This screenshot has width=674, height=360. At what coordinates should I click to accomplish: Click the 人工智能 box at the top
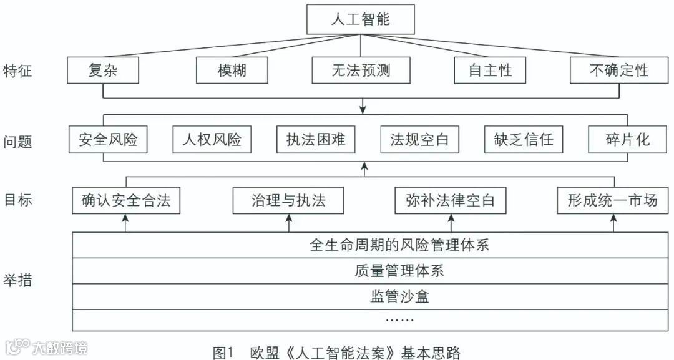pos(360,19)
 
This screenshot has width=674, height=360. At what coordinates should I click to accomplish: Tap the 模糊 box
pos(232,70)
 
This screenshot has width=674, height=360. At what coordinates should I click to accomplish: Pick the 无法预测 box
pos(361,70)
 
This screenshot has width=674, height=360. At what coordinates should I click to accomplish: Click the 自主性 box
pos(490,70)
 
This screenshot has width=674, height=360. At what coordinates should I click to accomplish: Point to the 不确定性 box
pos(618,70)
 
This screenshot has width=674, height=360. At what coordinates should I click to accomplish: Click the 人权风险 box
pos(212,139)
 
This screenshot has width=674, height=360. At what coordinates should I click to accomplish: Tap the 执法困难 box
pos(316,139)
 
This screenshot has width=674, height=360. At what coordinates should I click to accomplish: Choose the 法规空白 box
pos(419,139)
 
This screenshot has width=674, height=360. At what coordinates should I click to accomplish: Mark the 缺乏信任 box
pos(523,139)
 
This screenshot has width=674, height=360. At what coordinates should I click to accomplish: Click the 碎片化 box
pos(627,139)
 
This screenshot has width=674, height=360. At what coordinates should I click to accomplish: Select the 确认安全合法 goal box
pos(126,201)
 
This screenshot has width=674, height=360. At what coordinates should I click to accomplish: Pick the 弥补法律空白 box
pos(450,201)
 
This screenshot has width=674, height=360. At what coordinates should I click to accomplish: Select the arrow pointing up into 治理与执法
pos(289,222)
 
